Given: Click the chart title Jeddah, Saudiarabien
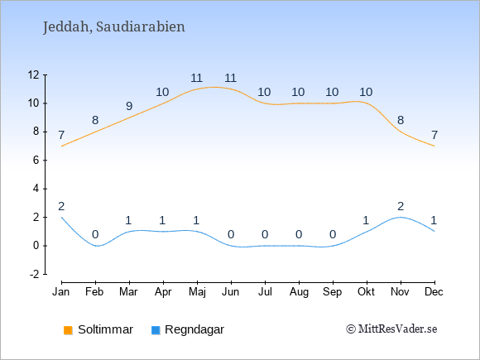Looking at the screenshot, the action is click(114, 27).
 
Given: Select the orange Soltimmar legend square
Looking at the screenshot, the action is click(68, 330).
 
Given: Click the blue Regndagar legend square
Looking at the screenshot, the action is click(156, 330).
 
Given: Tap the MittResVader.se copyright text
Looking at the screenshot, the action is click(391, 329).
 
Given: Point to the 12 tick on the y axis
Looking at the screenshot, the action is click(34, 74).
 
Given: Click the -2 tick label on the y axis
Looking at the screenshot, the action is click(35, 274).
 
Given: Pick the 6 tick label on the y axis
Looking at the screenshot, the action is click(36, 160).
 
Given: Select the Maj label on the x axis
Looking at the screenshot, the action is click(197, 292).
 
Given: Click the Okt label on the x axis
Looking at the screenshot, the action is click(366, 292).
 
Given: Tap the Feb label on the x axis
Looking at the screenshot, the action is click(94, 292).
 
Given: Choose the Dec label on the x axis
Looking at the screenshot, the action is click(434, 292).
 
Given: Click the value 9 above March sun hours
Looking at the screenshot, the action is click(129, 106).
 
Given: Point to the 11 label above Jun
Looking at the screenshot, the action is click(231, 78).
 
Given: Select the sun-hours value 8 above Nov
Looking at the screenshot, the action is click(401, 120).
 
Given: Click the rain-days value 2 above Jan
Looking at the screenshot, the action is click(61, 207).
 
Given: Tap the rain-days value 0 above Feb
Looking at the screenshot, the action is click(95, 235).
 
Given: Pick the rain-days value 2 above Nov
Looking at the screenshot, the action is click(401, 207).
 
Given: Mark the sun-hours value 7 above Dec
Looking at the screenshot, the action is click(434, 135).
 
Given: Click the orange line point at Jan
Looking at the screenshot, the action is click(61, 146).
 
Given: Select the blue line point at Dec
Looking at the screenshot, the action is click(434, 232).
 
